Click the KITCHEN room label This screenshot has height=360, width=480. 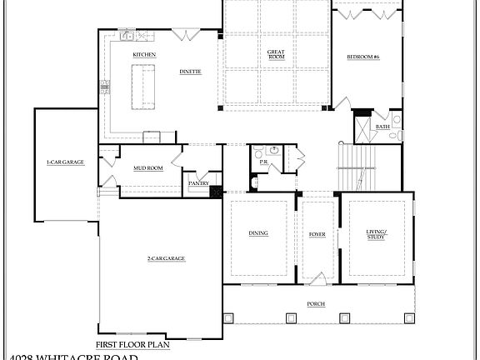pyautogui.click(x=144, y=55)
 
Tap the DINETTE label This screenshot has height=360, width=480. pyautogui.click(x=189, y=72)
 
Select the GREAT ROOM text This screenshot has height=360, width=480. pyautogui.click(x=276, y=54)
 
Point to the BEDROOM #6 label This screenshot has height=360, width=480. pyautogui.click(x=363, y=57)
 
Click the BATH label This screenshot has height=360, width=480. pyautogui.click(x=382, y=127)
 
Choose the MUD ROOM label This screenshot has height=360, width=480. pyautogui.click(x=148, y=167)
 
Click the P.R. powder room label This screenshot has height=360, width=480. pyautogui.click(x=263, y=162)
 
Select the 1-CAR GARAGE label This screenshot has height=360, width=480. pyautogui.click(x=65, y=162)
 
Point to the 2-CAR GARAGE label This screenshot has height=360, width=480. pyautogui.click(x=166, y=258)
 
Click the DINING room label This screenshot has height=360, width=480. pyautogui.click(x=258, y=233)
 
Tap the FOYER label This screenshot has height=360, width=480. pyautogui.click(x=317, y=234)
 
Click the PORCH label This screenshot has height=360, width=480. pyautogui.click(x=316, y=303)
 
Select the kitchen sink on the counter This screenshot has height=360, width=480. pyautogui.click(x=128, y=36)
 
